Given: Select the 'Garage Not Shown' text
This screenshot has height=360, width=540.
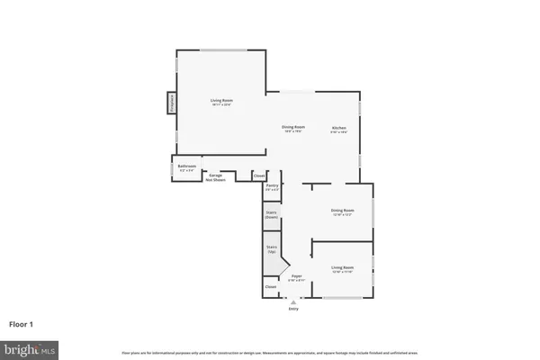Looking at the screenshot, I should coord(216,176).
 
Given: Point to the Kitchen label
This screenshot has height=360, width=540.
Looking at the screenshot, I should coord(338,129).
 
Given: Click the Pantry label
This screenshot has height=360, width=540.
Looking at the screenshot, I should coord(272,187).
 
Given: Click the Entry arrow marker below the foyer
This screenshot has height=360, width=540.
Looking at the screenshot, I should coord(292,300).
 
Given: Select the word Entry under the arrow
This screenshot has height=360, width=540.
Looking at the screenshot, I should coord(292,309).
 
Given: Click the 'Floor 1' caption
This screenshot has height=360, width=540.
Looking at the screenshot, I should coord(21,323).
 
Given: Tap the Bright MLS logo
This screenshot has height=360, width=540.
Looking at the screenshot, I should coord(31,348).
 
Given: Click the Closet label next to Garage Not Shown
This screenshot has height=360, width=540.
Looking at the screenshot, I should coord(259,175).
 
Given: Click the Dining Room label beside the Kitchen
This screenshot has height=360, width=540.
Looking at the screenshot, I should coord(294,129).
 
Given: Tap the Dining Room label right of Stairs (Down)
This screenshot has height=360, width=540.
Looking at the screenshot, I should coord(343,212).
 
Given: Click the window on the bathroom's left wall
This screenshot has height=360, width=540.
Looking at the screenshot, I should coord(173,168).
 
